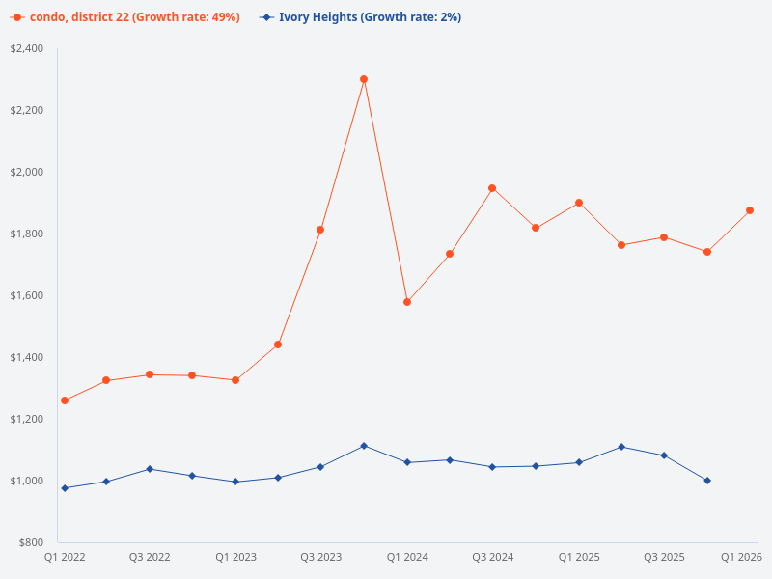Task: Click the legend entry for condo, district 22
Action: pos(125,17)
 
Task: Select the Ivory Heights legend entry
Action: pos(359,17)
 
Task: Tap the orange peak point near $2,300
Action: pos(364,79)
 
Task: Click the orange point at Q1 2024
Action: pos(407,302)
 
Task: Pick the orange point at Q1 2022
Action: pos(65,400)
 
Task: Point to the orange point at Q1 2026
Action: pos(750,210)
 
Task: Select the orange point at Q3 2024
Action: pos(492,188)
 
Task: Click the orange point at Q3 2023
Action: pos(320,230)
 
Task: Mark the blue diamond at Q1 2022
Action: pos(65,488)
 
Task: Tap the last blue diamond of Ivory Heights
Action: pos(707,481)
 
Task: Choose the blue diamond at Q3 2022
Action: pos(150,469)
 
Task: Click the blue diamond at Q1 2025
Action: pos(579,462)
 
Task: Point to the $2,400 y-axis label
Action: pos(27,48)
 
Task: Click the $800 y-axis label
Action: pos(31,542)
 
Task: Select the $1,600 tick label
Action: pos(27,295)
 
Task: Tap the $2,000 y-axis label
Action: pos(27,172)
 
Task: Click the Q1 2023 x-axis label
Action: pos(235,557)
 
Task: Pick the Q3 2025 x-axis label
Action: pos(664,557)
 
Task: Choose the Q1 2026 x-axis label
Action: pos(742,557)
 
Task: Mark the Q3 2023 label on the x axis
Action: pos(321,557)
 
